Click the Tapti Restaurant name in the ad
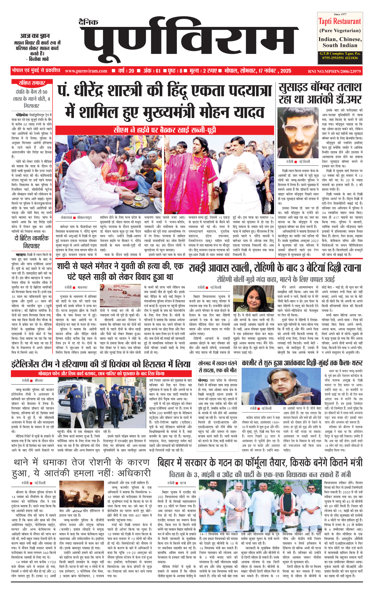tap(339, 21)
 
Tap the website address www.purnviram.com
tap(86, 71)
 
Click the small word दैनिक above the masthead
tap(89, 22)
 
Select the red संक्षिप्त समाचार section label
tap(32, 83)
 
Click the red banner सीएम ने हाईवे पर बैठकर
tap(165, 130)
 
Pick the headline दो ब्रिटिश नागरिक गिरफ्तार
tap(32, 242)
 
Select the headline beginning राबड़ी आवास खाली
tap(274, 268)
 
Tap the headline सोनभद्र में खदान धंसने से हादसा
tap(218, 367)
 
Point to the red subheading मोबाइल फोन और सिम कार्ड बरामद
tap(101, 374)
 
